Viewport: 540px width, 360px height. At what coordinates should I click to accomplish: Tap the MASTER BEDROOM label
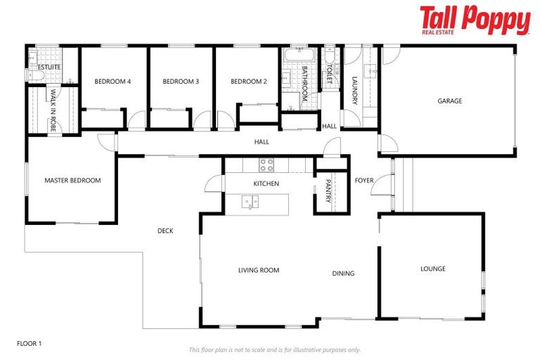pos(72,181)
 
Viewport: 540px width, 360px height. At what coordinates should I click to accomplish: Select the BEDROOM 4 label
pos(112,82)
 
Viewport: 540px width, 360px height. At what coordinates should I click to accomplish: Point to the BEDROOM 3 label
pos(181,82)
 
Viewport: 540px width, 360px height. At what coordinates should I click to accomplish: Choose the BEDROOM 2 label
pos(249,82)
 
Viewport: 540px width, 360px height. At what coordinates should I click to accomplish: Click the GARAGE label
pos(450,101)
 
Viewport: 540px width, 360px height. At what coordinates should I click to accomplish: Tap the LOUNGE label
pos(433,269)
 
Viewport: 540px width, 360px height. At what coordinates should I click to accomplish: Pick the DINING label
pos(343,274)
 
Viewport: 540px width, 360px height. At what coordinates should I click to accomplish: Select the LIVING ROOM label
pos(259,270)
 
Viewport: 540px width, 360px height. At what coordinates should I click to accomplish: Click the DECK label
pos(165,231)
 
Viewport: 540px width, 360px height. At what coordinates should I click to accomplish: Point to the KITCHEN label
pos(266,184)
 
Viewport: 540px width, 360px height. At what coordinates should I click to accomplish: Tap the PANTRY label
pos(328,191)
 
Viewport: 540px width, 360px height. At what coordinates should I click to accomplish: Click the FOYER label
pos(364,181)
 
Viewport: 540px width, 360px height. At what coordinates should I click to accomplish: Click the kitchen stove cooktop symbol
pos(266,165)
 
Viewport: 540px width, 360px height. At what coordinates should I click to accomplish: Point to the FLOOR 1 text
pos(30,343)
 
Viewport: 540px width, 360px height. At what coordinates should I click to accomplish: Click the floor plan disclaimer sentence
pos(275,349)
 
